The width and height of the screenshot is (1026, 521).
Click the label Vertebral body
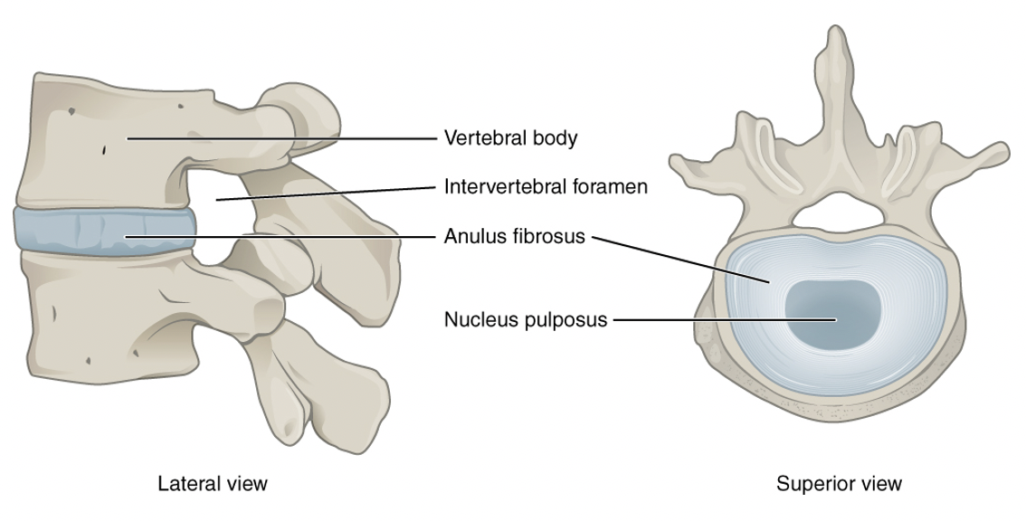point(510,138)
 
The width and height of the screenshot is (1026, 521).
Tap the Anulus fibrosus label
point(515,236)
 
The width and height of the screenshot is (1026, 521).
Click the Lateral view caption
point(213,483)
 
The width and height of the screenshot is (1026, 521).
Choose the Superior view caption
point(839,483)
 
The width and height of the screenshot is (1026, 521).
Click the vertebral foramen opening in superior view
point(837,210)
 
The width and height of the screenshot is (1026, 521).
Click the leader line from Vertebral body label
point(280,138)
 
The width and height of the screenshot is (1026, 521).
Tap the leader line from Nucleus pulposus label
point(724,319)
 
